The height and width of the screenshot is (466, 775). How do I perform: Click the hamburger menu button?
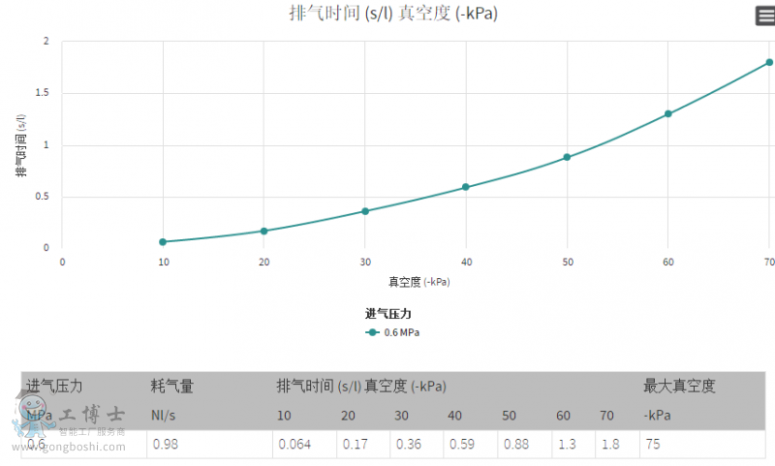coord(765,16)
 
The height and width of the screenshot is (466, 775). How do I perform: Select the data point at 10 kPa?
coord(163,241)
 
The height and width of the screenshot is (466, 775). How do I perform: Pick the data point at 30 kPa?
coord(365,211)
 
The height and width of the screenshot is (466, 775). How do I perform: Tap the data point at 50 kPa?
coord(567,157)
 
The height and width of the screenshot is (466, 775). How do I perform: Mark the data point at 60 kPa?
coord(668,114)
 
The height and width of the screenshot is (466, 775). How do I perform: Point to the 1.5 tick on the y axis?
coord(46,93)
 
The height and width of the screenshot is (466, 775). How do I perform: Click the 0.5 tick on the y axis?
coord(46,197)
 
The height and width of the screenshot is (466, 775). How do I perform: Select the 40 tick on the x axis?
coord(466,263)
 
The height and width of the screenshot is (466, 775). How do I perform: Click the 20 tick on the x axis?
coord(263,263)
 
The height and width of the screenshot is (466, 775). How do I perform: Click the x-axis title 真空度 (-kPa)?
coord(418,282)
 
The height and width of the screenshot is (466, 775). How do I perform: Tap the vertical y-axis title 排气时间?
coord(20,145)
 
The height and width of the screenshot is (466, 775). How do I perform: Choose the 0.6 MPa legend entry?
coord(393,332)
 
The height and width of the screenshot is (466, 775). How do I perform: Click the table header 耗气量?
coord(172,387)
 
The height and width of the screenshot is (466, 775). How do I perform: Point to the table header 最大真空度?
coord(679,387)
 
